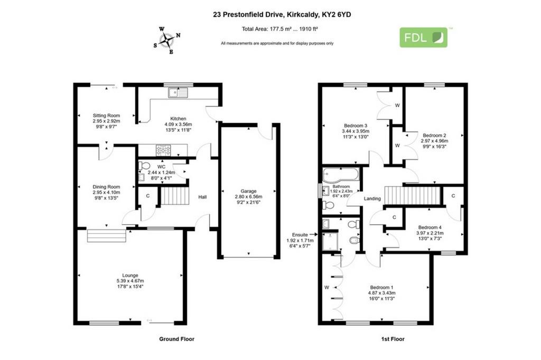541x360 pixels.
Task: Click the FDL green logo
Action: [423, 37]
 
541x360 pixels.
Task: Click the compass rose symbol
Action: [167, 41]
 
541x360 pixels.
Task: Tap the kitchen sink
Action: [178, 93]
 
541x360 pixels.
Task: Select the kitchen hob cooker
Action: [163, 150]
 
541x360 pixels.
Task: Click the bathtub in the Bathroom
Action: [341, 175]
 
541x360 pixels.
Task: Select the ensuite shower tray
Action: [330, 241]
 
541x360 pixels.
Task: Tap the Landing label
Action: [372, 198]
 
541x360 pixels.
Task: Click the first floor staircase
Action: [413, 195]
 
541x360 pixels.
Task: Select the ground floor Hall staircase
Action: [175, 196]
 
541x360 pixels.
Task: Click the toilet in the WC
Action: [144, 166]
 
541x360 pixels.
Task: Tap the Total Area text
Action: [280, 29]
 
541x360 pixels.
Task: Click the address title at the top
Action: [282, 14]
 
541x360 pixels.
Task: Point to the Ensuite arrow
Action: [314, 234]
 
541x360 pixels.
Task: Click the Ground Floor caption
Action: [176, 339]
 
